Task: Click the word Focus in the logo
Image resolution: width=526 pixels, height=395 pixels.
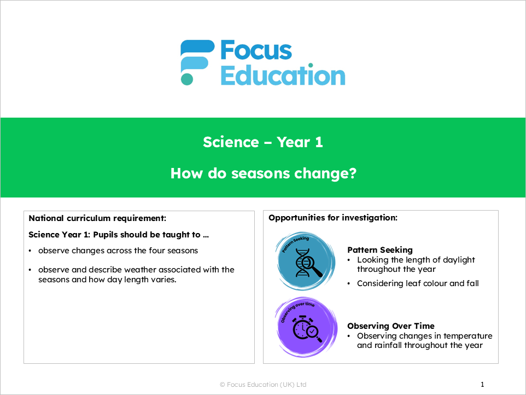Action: (256, 51)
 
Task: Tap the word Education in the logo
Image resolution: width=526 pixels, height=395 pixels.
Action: (283, 75)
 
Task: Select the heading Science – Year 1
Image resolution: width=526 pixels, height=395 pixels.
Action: (263, 142)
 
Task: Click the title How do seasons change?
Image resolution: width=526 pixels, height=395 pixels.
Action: (263, 173)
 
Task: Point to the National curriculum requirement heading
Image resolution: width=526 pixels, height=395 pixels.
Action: (97, 218)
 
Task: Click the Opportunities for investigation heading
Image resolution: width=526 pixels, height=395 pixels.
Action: (332, 218)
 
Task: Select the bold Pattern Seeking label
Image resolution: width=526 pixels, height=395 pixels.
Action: (380, 250)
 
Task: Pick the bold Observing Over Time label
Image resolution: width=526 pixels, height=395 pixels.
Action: (391, 326)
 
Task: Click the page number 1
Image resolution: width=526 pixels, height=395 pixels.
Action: (482, 385)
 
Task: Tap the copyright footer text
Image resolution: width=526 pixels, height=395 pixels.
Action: (263, 385)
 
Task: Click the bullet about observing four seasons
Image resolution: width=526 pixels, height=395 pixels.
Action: (118, 251)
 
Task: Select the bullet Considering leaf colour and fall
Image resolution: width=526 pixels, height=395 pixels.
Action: (418, 283)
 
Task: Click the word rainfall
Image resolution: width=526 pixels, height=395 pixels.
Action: (393, 345)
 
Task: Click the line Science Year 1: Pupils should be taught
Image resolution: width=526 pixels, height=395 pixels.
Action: (119, 235)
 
